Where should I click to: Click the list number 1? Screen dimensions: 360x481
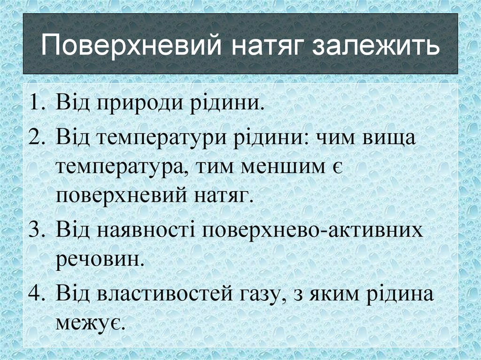pyautogui.click(x=38, y=101)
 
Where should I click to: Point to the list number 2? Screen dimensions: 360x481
pyautogui.click(x=38, y=138)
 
